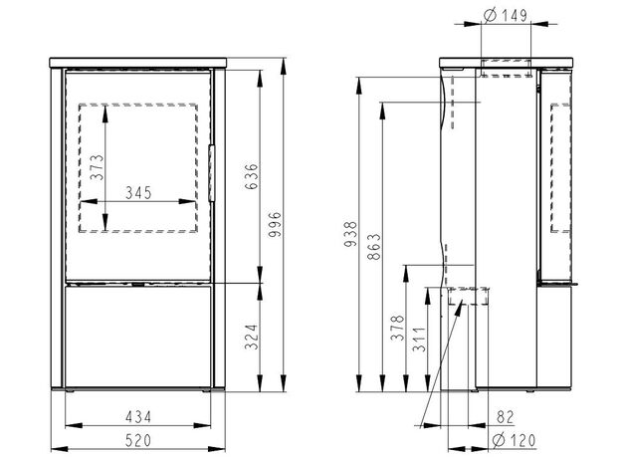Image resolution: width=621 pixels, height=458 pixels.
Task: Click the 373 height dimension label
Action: click(x=97, y=167)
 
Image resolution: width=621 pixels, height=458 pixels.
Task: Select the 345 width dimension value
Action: click(x=138, y=193)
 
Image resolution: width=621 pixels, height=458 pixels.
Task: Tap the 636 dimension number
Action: click(x=251, y=176)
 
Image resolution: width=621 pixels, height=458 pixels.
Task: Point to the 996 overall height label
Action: click(x=274, y=225)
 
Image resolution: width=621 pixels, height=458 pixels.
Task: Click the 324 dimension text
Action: click(x=251, y=338)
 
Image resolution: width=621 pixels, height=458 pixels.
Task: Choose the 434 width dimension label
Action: click(x=138, y=417)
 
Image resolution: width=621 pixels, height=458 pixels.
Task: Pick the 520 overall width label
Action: click(x=138, y=440)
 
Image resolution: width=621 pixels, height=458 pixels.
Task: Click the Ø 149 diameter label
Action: click(x=506, y=16)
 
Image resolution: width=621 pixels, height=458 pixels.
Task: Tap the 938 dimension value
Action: click(x=351, y=235)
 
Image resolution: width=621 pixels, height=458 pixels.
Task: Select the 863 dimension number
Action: click(x=374, y=247)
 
